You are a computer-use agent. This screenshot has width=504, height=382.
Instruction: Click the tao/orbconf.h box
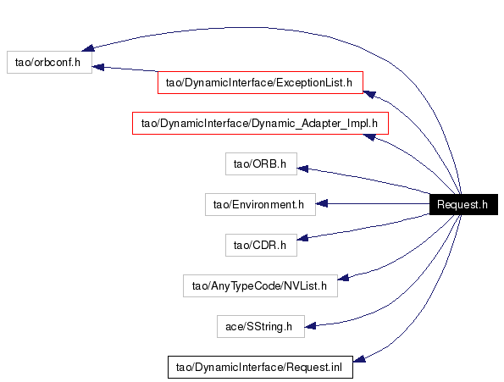tap(49, 63)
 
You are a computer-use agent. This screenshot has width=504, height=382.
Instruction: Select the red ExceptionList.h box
tap(260, 82)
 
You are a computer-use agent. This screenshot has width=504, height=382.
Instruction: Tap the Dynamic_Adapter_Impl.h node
tap(260, 124)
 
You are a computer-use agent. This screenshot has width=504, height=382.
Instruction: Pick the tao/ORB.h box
tap(261, 163)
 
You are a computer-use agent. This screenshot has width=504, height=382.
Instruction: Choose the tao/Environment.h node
tap(260, 205)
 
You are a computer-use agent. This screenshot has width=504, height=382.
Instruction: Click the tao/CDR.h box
tap(261, 245)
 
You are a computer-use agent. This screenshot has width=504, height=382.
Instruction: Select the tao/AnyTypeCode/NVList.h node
tap(260, 286)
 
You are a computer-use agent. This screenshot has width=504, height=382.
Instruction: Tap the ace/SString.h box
tap(261, 326)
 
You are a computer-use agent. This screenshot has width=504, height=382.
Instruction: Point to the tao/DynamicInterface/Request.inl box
tap(260, 368)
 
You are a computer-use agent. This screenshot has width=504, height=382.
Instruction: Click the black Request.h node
tap(463, 205)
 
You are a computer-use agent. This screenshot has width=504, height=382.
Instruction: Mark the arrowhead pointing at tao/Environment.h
tap(321, 203)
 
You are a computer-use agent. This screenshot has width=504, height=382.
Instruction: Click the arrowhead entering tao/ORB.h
tap(302, 169)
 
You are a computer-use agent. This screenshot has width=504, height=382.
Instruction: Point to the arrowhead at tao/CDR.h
tap(302, 238)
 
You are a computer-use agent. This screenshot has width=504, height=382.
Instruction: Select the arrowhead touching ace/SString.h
tap(310, 326)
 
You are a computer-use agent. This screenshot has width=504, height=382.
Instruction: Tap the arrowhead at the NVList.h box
tap(343, 278)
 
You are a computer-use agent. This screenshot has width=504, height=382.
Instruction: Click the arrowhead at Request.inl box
tap(359, 359)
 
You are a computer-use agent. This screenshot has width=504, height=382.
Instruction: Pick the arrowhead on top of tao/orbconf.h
tap(88, 47)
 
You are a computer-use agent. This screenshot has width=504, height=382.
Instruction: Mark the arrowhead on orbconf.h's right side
tap(98, 67)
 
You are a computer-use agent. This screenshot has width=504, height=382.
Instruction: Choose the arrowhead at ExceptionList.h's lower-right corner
tap(369, 95)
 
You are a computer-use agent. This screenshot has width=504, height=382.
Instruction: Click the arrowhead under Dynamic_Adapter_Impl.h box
tap(369, 137)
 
